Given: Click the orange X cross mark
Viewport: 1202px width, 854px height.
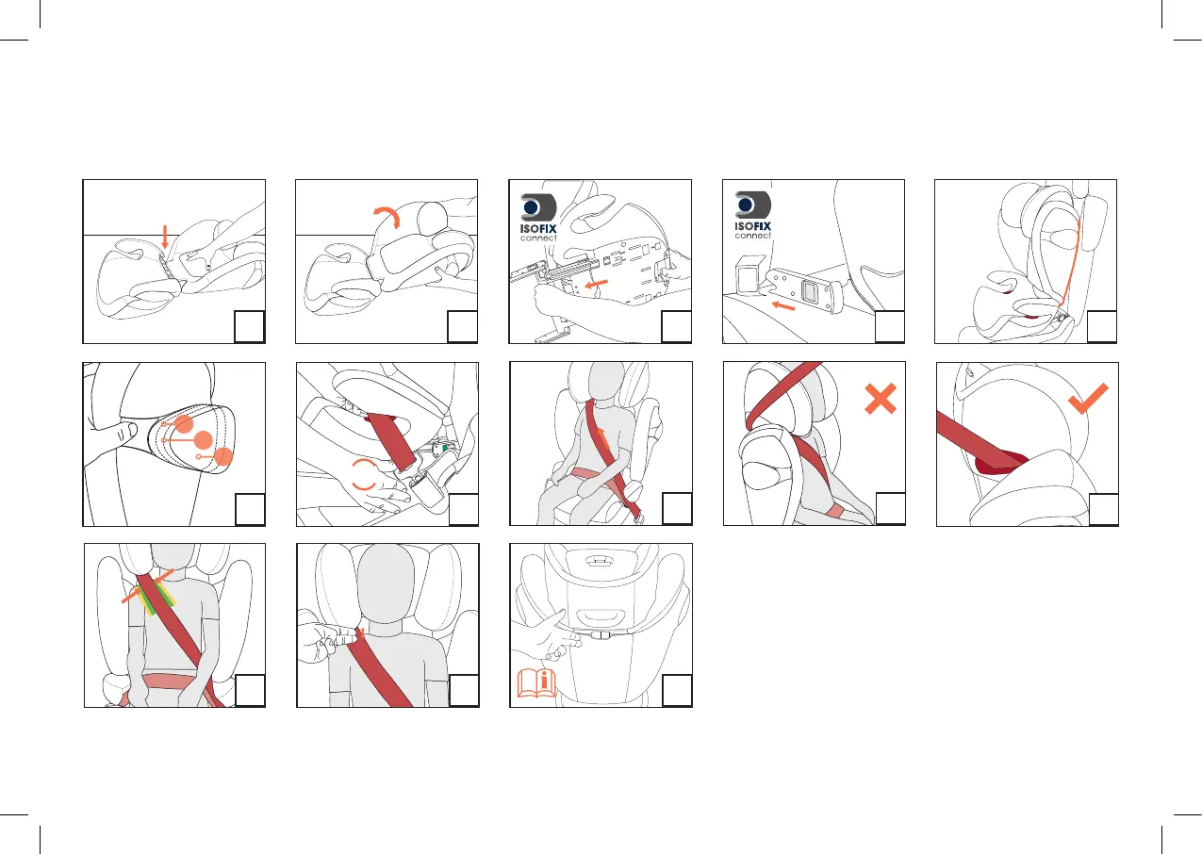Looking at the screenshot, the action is (881, 399).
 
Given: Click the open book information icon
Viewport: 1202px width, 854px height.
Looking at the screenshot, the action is (536, 683).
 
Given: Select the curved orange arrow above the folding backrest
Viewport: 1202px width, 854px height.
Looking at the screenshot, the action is (388, 214).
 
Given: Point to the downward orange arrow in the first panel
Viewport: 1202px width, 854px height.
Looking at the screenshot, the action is (165, 237).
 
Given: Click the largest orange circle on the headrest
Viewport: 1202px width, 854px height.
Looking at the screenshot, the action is (204, 440).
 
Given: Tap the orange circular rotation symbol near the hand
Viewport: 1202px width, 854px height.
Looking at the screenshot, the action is (364, 475).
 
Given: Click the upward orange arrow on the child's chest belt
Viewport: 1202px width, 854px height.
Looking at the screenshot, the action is (603, 438).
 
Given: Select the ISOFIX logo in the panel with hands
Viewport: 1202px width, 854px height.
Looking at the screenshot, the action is (538, 218).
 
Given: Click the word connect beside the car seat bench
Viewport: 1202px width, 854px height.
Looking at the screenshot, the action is (753, 236).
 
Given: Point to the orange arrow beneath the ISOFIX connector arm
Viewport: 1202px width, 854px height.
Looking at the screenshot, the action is (782, 305).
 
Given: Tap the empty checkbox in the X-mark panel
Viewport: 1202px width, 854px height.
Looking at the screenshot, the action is (890, 508).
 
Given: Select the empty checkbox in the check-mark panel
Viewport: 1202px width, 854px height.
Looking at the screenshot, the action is (1103, 509).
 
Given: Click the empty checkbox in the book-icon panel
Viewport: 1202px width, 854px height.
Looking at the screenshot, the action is (677, 690).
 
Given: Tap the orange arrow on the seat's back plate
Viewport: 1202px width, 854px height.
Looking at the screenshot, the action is (596, 283).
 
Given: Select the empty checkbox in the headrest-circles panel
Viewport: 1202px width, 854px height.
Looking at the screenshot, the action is (250, 509).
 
